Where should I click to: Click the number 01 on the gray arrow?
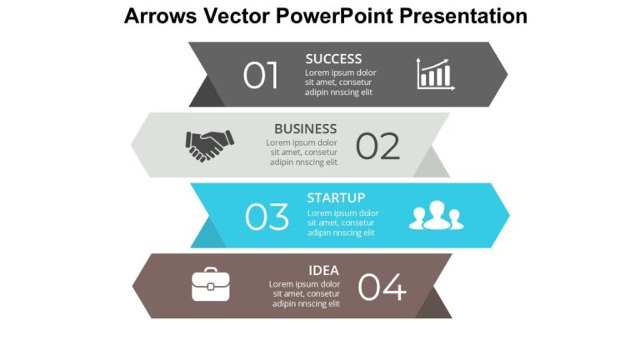point(261,76)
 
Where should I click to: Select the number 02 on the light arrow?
point(377,147)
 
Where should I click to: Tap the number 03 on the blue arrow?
point(267,217)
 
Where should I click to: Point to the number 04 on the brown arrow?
point(382,287)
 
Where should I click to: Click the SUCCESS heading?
point(333,59)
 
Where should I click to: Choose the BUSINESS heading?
point(305,129)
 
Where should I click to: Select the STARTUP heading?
point(336,198)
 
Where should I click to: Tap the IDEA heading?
point(323,270)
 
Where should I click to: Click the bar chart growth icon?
point(434,74)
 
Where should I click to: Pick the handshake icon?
point(209,145)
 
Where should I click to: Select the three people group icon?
point(435,216)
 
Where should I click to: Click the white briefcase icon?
point(211,285)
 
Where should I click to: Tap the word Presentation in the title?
point(466,16)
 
